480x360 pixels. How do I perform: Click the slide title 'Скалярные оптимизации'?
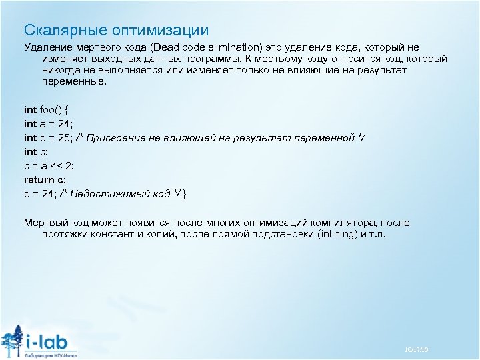click(x=116, y=30)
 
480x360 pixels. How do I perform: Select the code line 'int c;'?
click(x=37, y=152)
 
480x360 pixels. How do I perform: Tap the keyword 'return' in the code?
click(x=39, y=179)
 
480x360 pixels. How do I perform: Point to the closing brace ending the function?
click(x=185, y=193)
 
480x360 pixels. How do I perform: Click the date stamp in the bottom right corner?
click(x=417, y=349)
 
